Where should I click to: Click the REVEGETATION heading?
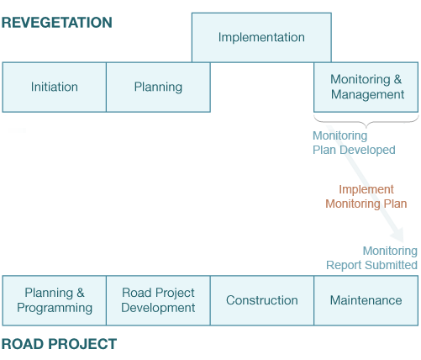click(x=57, y=23)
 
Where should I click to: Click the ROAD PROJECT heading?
click(x=59, y=344)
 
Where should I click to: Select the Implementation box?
click(x=261, y=37)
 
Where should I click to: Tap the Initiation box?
click(x=55, y=87)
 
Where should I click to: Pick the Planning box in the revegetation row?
click(x=158, y=87)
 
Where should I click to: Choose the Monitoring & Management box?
click(x=366, y=87)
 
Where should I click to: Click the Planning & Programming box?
click(x=55, y=300)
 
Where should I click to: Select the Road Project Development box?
click(x=158, y=300)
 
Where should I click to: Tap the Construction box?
click(x=262, y=300)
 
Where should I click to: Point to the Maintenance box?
click(x=366, y=300)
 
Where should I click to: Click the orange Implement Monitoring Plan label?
click(x=366, y=197)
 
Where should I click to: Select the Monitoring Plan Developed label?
click(x=354, y=143)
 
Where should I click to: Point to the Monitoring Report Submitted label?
click(x=371, y=258)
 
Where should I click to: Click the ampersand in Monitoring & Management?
click(x=397, y=79)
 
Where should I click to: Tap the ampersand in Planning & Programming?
click(x=80, y=293)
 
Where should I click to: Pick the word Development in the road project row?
click(x=158, y=308)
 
